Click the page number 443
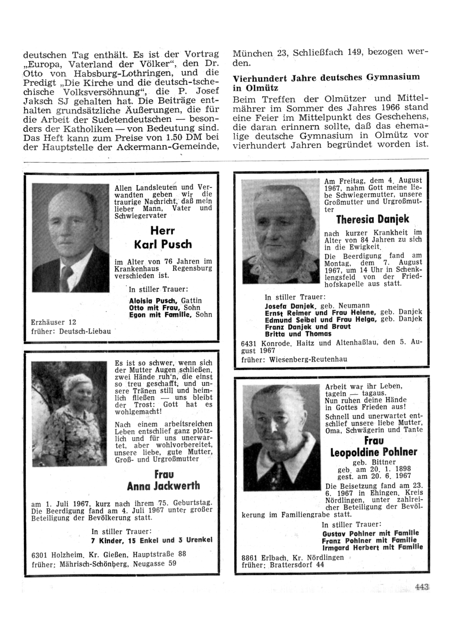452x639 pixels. click(x=421, y=587)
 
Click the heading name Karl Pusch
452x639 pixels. click(x=163, y=245)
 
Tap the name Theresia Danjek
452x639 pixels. click(x=373, y=219)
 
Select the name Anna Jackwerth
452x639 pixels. click(x=163, y=487)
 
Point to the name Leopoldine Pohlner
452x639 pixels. click(x=374, y=452)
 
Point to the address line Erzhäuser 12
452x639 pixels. click(x=53, y=322)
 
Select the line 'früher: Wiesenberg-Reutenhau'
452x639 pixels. click(x=294, y=360)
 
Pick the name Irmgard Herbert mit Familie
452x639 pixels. click(x=372, y=547)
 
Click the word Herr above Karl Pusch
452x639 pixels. click(x=163, y=230)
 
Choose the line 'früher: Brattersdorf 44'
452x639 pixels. click(x=283, y=565)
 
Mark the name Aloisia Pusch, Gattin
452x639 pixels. click(x=165, y=301)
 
